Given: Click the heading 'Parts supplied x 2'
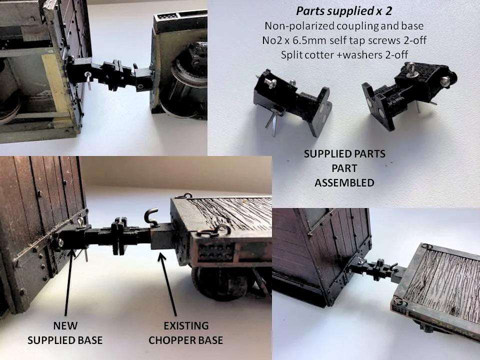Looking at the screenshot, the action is pyautogui.click(x=344, y=11).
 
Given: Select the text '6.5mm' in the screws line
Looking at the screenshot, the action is pyautogui.click(x=321, y=40).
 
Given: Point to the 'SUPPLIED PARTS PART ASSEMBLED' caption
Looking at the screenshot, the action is pyautogui.click(x=344, y=168).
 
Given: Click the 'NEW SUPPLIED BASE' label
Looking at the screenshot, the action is pyautogui.click(x=65, y=333).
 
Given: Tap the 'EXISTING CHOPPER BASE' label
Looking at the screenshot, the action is pyautogui.click(x=186, y=333).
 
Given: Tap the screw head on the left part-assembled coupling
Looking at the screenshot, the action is pyautogui.click(x=271, y=82).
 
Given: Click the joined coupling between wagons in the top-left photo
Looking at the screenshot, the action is pyautogui.click(x=109, y=75).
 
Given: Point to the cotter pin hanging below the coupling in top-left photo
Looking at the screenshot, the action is pyautogui.click(x=88, y=80).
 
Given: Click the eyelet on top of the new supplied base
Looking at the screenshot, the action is pyautogui.click(x=80, y=222).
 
